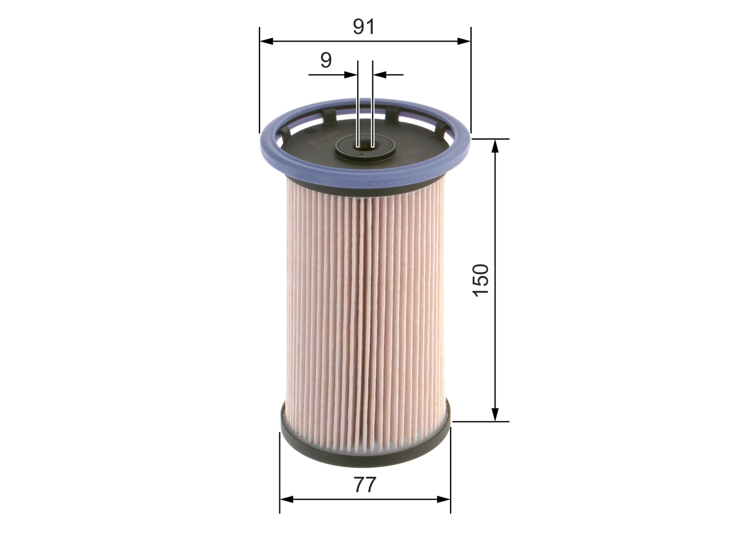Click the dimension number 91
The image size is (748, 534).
363,26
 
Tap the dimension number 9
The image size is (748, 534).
326,60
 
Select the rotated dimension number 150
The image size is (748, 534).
481,279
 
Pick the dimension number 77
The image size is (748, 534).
364,485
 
